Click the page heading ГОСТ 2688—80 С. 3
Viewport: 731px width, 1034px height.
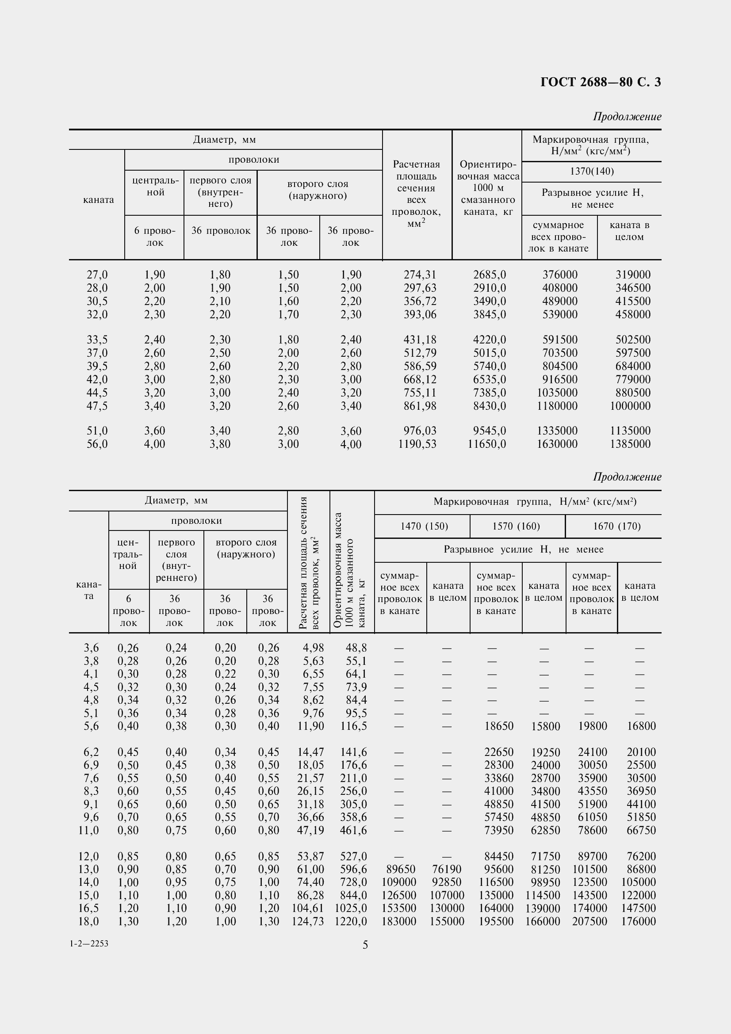[601, 82]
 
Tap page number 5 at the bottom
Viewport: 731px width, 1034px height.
[365, 945]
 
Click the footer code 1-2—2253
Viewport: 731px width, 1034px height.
[89, 943]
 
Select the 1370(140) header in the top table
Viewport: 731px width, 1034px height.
[591, 172]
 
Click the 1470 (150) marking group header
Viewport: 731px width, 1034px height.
[424, 526]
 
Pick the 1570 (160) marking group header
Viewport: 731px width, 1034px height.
[516, 526]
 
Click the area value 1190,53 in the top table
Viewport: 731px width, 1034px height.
[417, 444]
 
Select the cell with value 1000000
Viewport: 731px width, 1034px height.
[630, 406]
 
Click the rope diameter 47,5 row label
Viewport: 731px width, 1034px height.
[97, 406]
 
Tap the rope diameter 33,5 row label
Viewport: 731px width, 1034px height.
[97, 340]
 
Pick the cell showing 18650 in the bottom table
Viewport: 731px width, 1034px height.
[498, 726]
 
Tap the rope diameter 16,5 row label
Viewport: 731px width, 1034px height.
[88, 908]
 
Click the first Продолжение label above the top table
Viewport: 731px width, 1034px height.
[627, 117]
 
